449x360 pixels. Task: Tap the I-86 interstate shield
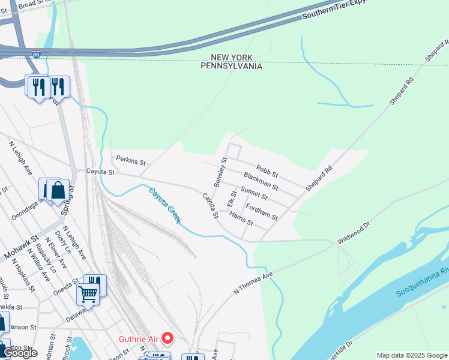[37, 54]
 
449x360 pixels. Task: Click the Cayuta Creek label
[165, 206]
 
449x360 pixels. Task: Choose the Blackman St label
[261, 181]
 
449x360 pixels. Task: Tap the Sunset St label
[254, 193]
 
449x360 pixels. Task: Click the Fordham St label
[262, 211]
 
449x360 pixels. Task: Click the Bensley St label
[220, 171]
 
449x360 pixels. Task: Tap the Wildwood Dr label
[354, 232]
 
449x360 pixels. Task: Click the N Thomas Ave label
[253, 283]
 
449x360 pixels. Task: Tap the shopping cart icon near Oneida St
[88, 295]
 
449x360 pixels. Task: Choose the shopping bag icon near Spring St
[58, 190]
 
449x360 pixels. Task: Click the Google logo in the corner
[20, 353]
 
